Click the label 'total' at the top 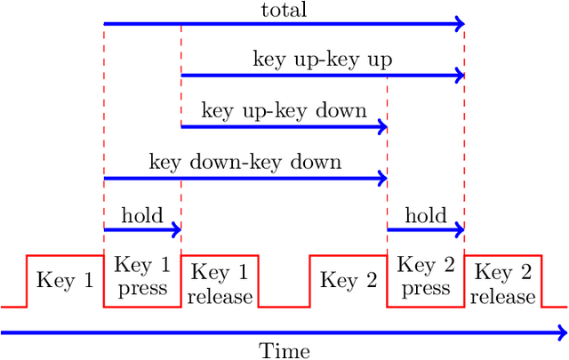[x=284, y=11]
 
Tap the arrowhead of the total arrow [x=461, y=24]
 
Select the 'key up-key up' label [x=323, y=60]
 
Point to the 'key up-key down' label [x=284, y=111]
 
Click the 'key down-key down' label [x=245, y=163]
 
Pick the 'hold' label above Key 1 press [x=142, y=214]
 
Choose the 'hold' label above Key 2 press [x=425, y=214]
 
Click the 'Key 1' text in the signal [x=65, y=280]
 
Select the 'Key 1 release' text [x=220, y=284]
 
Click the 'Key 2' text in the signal [x=348, y=280]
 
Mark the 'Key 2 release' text [x=502, y=284]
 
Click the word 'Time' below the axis [x=284, y=350]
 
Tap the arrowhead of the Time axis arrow [x=562, y=332]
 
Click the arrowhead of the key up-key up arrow [x=461, y=76]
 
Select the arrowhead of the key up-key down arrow [x=383, y=127]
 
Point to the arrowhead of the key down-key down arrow [x=383, y=179]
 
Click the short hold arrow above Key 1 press [x=142, y=230]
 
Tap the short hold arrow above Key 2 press [x=425, y=230]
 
